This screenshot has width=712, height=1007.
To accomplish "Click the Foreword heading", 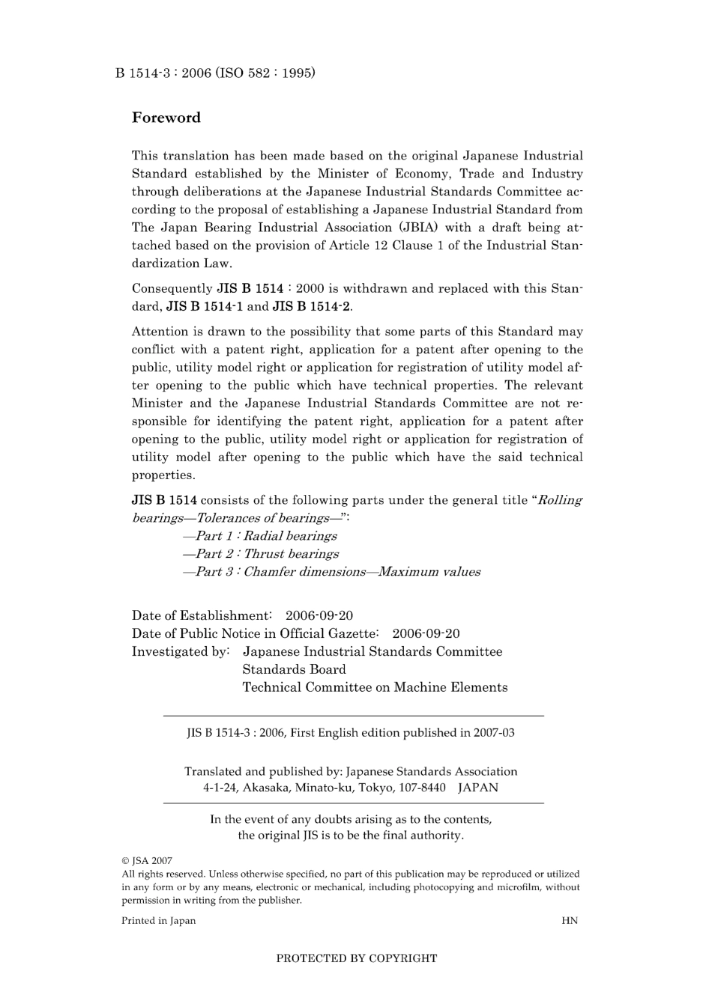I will point(166,118).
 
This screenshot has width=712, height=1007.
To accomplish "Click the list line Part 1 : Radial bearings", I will point(260,536).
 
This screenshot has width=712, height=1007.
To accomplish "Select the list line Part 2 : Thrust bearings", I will point(261,554).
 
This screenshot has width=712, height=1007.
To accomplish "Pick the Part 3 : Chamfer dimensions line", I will point(331,572).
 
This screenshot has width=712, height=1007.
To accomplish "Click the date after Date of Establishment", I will point(319,615).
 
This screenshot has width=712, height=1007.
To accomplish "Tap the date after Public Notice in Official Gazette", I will point(426,633).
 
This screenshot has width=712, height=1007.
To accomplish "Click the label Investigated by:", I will point(181,651).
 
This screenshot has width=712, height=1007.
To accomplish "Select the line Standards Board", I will point(294,669).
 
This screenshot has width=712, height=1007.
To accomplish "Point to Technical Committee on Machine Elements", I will point(375,687).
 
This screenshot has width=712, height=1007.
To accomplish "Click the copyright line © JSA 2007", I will point(147,861).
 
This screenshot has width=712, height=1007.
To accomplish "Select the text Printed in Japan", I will point(159,921).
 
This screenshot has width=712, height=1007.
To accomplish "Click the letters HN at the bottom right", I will point(570,921).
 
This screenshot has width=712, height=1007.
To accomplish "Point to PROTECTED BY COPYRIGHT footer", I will point(357,958).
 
